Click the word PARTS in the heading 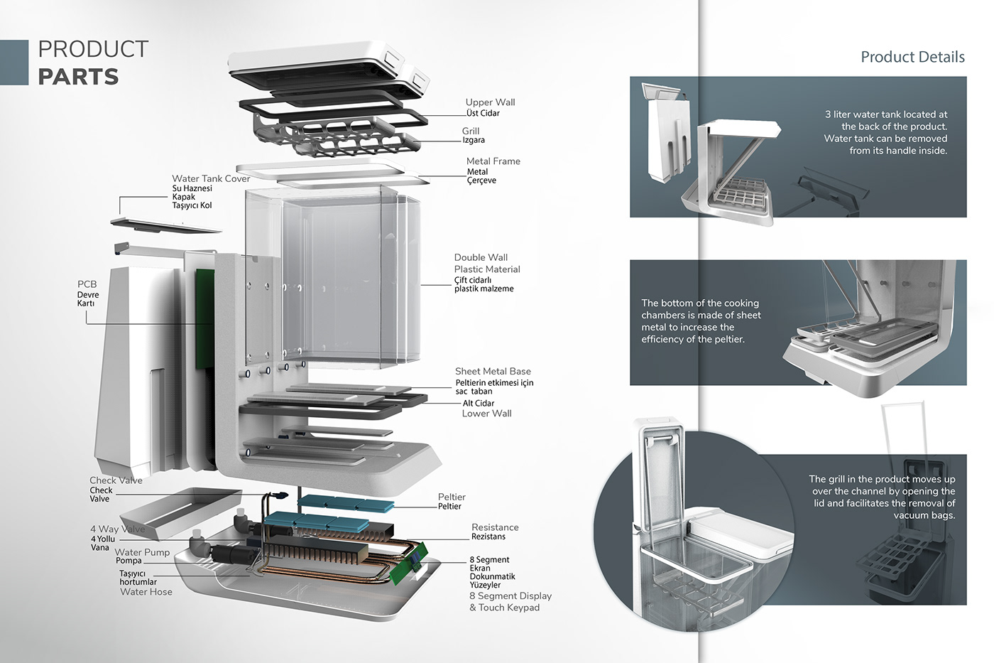[x=78, y=77]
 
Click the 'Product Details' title [x=912, y=57]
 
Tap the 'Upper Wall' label [x=490, y=102]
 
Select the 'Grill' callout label [x=471, y=131]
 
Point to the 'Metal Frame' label [x=493, y=161]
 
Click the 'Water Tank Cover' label [x=211, y=178]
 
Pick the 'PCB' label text [x=87, y=284]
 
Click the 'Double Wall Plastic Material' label [x=486, y=263]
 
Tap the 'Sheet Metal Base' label [x=493, y=371]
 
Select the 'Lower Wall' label [x=486, y=414]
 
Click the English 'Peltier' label [x=452, y=497]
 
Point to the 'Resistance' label [x=495, y=527]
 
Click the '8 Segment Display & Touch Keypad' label [x=510, y=601]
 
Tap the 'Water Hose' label [x=146, y=592]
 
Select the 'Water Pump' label [x=142, y=552]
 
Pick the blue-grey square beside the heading [x=14, y=63]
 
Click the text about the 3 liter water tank [x=885, y=132]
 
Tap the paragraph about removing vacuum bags [x=882, y=497]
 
